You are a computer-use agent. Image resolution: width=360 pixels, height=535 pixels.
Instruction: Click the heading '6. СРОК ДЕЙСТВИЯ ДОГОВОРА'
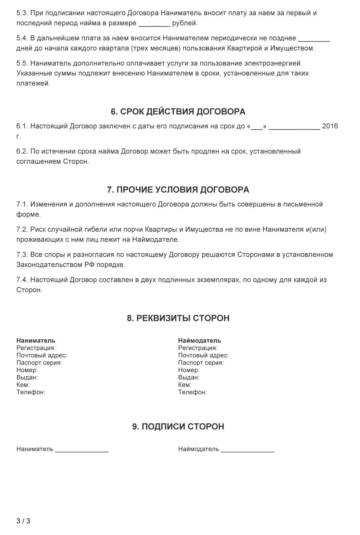tap(178, 112)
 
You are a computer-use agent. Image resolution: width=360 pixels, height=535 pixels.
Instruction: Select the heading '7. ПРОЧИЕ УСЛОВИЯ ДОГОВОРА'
tap(178, 190)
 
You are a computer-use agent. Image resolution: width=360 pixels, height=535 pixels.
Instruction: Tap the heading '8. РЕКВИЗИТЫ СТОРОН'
tap(178, 318)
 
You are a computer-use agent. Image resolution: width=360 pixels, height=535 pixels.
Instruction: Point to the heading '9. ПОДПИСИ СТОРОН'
tap(178, 427)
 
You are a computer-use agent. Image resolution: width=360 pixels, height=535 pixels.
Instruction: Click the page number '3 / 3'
tap(23, 521)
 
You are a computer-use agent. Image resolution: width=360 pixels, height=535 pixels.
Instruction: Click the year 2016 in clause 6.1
tap(330, 126)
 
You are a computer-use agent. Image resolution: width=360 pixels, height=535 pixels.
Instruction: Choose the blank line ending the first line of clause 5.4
tap(314, 40)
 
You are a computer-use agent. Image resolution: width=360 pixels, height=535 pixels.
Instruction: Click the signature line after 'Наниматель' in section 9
tap(82, 452)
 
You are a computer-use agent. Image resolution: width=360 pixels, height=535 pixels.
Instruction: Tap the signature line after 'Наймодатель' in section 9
tap(247, 452)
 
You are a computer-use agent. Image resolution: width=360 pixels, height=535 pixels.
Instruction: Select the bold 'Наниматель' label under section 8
tap(36, 340)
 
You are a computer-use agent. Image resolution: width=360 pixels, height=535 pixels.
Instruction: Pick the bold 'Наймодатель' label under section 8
tap(200, 340)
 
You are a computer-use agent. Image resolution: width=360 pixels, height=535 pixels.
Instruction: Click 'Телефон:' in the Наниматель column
tap(31, 392)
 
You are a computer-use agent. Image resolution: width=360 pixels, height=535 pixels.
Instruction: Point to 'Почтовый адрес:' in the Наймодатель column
tap(203, 355)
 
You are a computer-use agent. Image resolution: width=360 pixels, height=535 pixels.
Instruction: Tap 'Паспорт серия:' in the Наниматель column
tap(39, 363)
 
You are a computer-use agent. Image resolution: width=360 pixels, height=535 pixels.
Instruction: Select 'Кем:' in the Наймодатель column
tap(184, 385)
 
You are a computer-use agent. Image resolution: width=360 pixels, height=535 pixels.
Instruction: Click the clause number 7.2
tap(22, 230)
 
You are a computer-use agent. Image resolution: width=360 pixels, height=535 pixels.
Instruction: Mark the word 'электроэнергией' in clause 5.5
tap(273, 63)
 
